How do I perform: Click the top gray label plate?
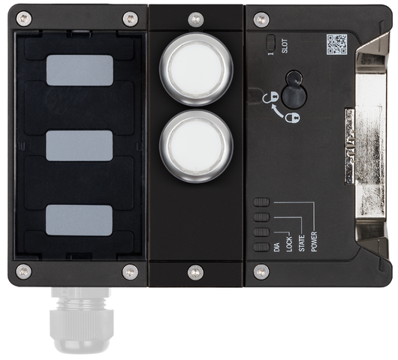point(80,70)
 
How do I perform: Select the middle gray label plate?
point(79,145)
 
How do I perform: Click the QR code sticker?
point(336,45)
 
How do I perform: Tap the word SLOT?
point(285,47)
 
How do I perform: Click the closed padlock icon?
point(290,116)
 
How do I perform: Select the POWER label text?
point(314,238)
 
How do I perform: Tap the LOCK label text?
point(289,245)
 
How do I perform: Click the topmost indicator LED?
point(261,202)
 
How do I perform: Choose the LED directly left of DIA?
point(261,247)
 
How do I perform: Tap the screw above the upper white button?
point(195,18)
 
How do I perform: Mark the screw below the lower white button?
point(195,271)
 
